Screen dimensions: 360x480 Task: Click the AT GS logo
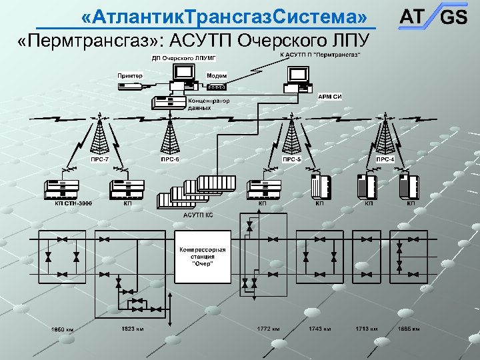(433, 16)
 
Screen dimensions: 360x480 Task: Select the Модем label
(215, 75)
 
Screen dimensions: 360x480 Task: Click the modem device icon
(217, 86)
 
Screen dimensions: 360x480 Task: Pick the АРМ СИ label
(330, 97)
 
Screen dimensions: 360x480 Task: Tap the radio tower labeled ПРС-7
(99, 137)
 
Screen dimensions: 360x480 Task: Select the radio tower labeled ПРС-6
(170, 137)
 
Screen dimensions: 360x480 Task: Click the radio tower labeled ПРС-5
(292, 137)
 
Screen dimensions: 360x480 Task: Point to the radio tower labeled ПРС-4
(385, 137)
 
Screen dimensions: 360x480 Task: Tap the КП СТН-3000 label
(73, 203)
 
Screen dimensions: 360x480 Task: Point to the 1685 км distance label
(408, 329)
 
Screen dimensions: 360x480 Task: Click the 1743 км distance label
(321, 329)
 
